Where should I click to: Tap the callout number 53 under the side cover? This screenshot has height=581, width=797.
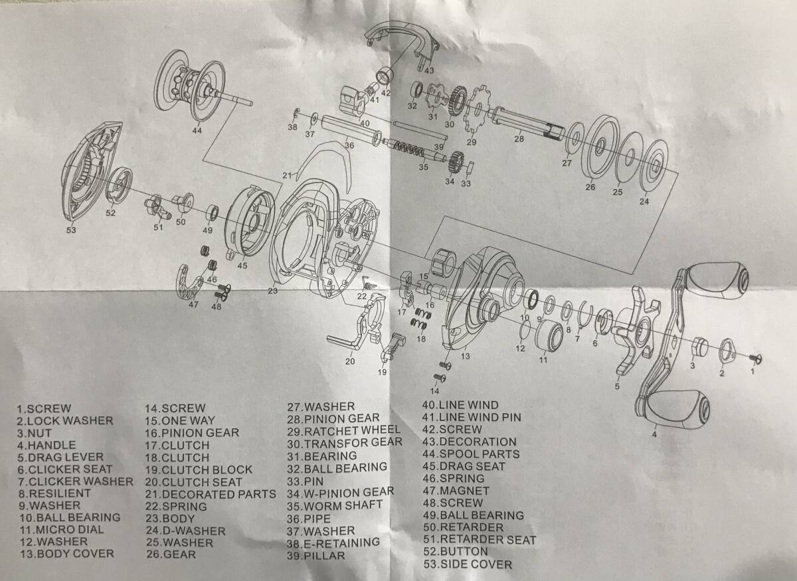click(71, 230)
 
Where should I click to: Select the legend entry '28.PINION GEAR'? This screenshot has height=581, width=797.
click(333, 419)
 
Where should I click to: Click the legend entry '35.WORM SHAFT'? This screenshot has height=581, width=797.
click(335, 505)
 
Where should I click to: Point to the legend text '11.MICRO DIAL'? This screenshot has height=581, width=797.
click(62, 529)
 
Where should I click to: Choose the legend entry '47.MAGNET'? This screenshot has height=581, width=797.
click(456, 491)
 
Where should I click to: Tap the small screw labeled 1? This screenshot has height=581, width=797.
click(755, 359)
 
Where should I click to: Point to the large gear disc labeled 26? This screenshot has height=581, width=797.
click(600, 147)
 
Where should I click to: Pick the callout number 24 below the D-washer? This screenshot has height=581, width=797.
click(644, 201)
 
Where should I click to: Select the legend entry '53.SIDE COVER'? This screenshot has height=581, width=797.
click(468, 564)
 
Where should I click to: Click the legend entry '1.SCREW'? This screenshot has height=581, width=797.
click(44, 408)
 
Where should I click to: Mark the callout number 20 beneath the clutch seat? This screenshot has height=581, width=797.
click(350, 361)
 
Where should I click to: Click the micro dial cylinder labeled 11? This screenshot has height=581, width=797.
click(549, 336)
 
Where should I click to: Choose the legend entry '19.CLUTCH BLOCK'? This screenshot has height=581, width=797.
click(199, 469)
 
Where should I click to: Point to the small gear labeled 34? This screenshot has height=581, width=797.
click(456, 162)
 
